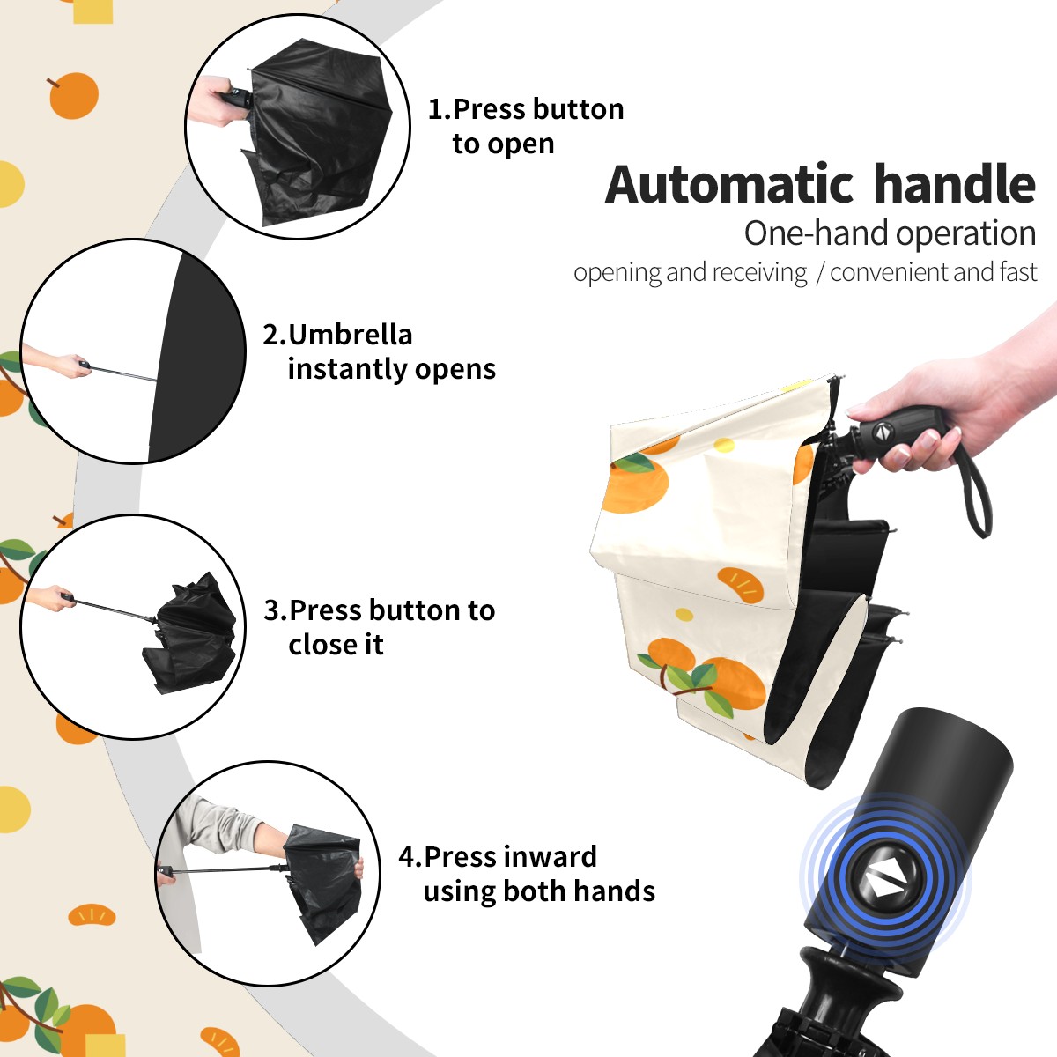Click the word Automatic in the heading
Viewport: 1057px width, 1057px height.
(x=728, y=184)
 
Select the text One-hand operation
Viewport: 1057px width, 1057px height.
(x=890, y=234)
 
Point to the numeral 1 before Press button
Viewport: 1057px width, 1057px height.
(x=434, y=109)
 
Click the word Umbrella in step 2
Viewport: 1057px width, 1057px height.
(x=350, y=335)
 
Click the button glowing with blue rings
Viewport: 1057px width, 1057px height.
(x=883, y=884)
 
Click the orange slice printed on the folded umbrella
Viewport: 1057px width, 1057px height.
(x=740, y=585)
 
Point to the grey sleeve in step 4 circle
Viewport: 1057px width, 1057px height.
(x=219, y=825)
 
